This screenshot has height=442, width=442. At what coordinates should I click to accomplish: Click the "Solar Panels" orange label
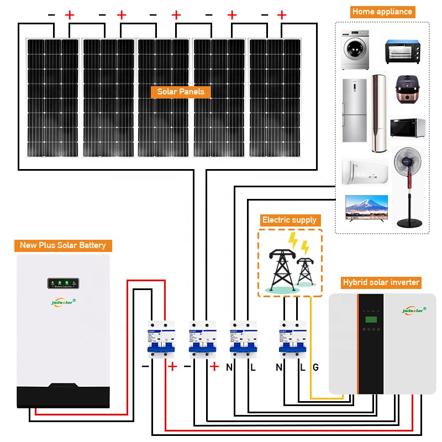181,92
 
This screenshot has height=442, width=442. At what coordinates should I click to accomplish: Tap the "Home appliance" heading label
382,12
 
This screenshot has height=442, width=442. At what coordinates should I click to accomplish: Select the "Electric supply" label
289,220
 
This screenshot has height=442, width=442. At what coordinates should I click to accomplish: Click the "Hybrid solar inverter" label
381,282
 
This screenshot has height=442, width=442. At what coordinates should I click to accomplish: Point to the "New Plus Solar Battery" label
62,245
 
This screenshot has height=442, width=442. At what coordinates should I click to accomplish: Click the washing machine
354,50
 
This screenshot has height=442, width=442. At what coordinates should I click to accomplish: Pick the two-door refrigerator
354,110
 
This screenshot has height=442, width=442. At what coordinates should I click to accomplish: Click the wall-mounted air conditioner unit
364,172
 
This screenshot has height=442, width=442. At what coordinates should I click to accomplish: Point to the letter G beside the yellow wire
315,367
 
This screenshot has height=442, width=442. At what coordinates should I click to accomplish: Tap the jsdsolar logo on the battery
62,302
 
